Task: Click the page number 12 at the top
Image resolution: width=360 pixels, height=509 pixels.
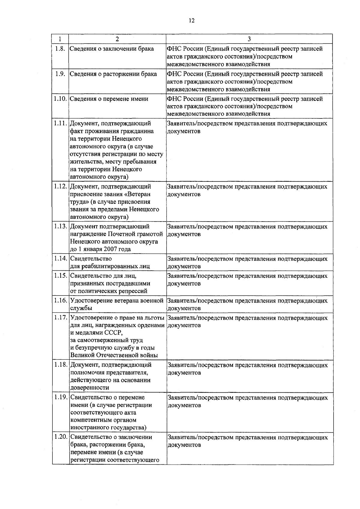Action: coord(192,20)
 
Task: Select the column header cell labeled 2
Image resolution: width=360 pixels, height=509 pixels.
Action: coord(117,39)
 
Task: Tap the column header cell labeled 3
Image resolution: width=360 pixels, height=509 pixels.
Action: coord(249,39)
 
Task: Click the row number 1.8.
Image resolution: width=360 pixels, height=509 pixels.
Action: coord(60,49)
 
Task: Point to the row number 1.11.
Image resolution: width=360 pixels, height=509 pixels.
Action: coord(60,124)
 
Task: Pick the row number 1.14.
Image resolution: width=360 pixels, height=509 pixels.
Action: coord(60,259)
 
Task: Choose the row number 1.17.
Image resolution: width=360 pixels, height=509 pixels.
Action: coord(60,318)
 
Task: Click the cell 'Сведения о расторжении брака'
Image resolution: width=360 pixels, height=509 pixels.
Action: coord(113,74)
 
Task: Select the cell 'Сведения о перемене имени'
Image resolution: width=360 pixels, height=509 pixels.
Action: coord(109,99)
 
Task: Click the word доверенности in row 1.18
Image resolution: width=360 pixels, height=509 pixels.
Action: coord(90,388)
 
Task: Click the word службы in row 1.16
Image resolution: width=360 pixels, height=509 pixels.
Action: coord(81,308)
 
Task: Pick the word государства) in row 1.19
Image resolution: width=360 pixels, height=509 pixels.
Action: coord(129,427)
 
